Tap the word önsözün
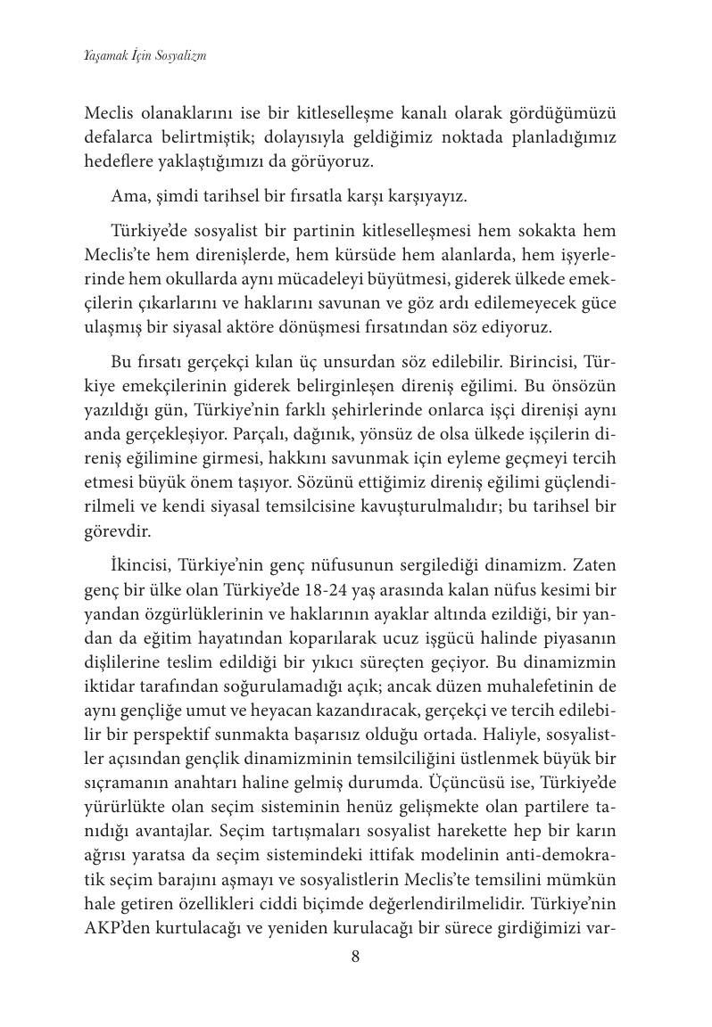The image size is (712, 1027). tap(590, 389)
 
